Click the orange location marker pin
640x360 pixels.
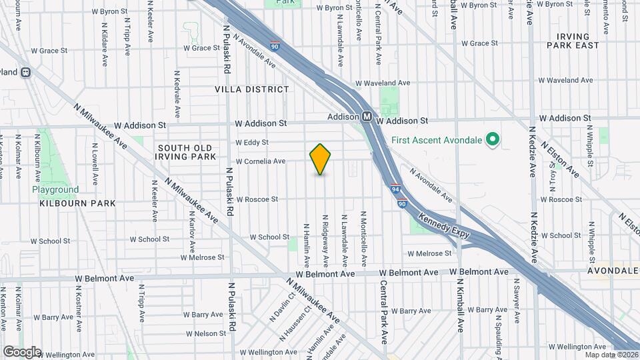[320, 159]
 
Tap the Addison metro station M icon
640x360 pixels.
[367, 117]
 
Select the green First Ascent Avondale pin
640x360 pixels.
[493, 139]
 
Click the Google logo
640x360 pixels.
[21, 351]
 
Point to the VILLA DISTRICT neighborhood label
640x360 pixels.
[252, 89]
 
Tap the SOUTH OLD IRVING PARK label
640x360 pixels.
[187, 152]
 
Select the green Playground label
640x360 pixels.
[55, 190]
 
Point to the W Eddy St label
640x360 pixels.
[251, 142]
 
